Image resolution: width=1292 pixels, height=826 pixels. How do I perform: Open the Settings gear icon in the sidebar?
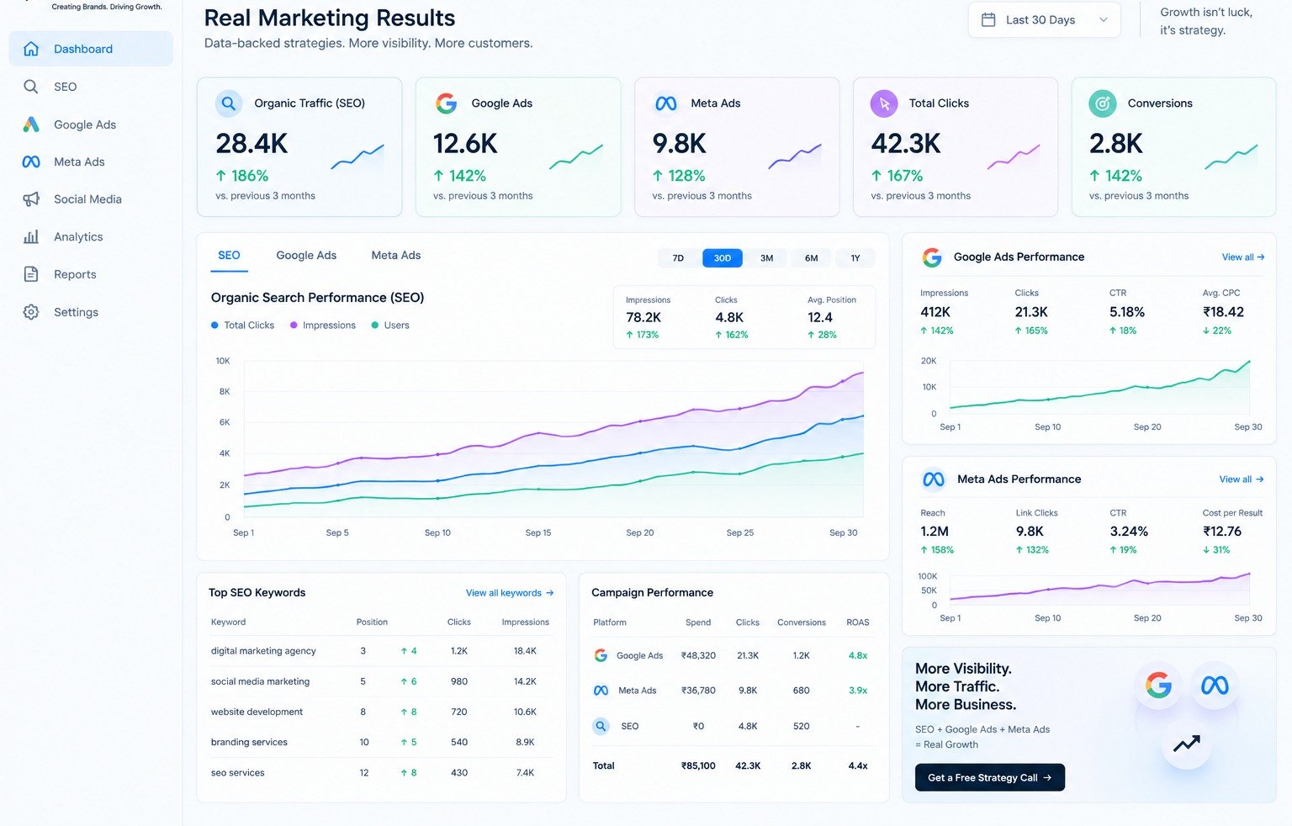(x=31, y=312)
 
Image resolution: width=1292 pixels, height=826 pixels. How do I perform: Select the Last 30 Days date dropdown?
(x=1044, y=19)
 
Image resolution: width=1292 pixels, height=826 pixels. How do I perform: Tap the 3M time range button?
(x=766, y=258)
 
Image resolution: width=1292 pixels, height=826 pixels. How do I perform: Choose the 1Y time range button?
(x=855, y=258)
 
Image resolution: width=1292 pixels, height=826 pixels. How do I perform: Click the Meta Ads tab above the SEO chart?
(x=395, y=255)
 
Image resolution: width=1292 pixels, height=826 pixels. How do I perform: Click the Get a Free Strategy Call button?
(x=990, y=777)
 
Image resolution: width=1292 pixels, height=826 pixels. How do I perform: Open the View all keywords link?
(x=509, y=593)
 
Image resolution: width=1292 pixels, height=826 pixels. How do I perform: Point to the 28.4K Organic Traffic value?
(x=252, y=144)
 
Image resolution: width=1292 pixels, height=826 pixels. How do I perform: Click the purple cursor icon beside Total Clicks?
(x=884, y=103)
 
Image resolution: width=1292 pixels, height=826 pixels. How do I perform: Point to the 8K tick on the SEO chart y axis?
(x=225, y=392)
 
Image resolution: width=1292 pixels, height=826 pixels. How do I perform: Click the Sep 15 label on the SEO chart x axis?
(x=538, y=532)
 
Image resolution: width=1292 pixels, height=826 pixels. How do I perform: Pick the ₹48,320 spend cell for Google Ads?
(x=698, y=655)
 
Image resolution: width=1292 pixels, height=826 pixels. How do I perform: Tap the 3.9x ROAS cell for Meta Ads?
(x=858, y=691)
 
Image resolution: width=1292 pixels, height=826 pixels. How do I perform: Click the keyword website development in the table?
(x=257, y=712)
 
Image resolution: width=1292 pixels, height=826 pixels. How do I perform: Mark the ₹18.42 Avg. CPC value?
(x=1223, y=312)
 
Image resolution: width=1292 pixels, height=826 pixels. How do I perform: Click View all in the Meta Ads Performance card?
(x=1242, y=479)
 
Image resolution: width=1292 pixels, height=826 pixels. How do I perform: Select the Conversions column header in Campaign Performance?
(x=801, y=622)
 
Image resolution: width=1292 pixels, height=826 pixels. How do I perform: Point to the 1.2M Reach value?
(x=935, y=532)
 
